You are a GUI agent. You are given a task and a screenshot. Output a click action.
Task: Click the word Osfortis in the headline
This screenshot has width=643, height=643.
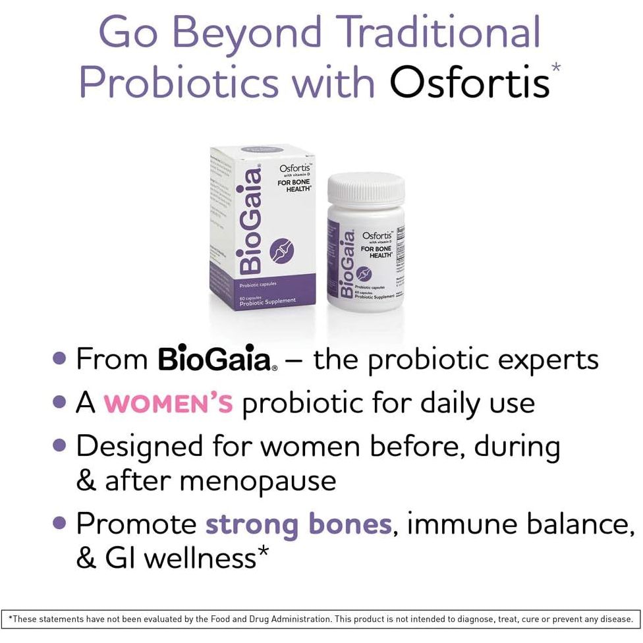click(x=469, y=84)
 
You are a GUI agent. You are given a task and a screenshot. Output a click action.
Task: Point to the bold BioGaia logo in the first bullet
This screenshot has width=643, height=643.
click(x=215, y=360)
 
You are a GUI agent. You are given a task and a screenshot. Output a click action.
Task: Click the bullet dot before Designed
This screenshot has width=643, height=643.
click(x=60, y=445)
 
